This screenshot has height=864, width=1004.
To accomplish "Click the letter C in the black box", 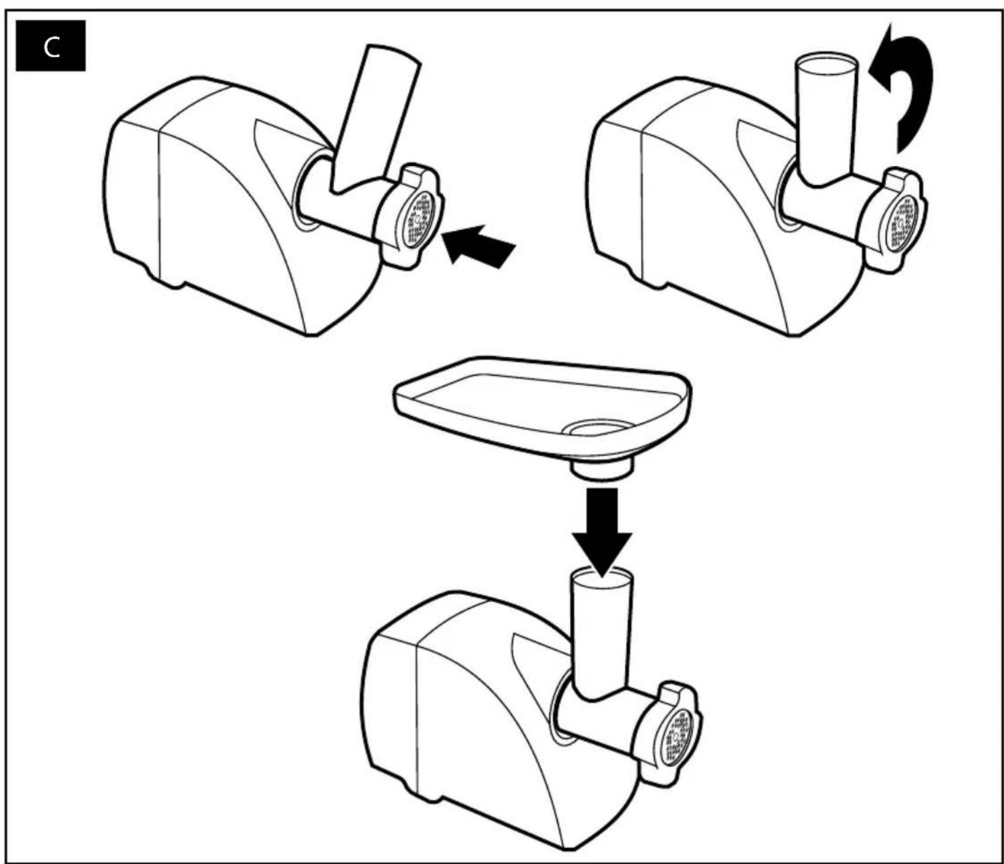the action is tap(51, 47).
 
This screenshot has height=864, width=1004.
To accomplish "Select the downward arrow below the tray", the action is tap(602, 533).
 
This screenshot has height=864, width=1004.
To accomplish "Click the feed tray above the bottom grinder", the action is tap(541, 408).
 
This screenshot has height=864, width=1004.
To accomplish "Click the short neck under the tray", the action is tap(602, 469).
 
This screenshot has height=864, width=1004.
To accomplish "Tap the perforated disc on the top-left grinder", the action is tap(421, 220).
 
